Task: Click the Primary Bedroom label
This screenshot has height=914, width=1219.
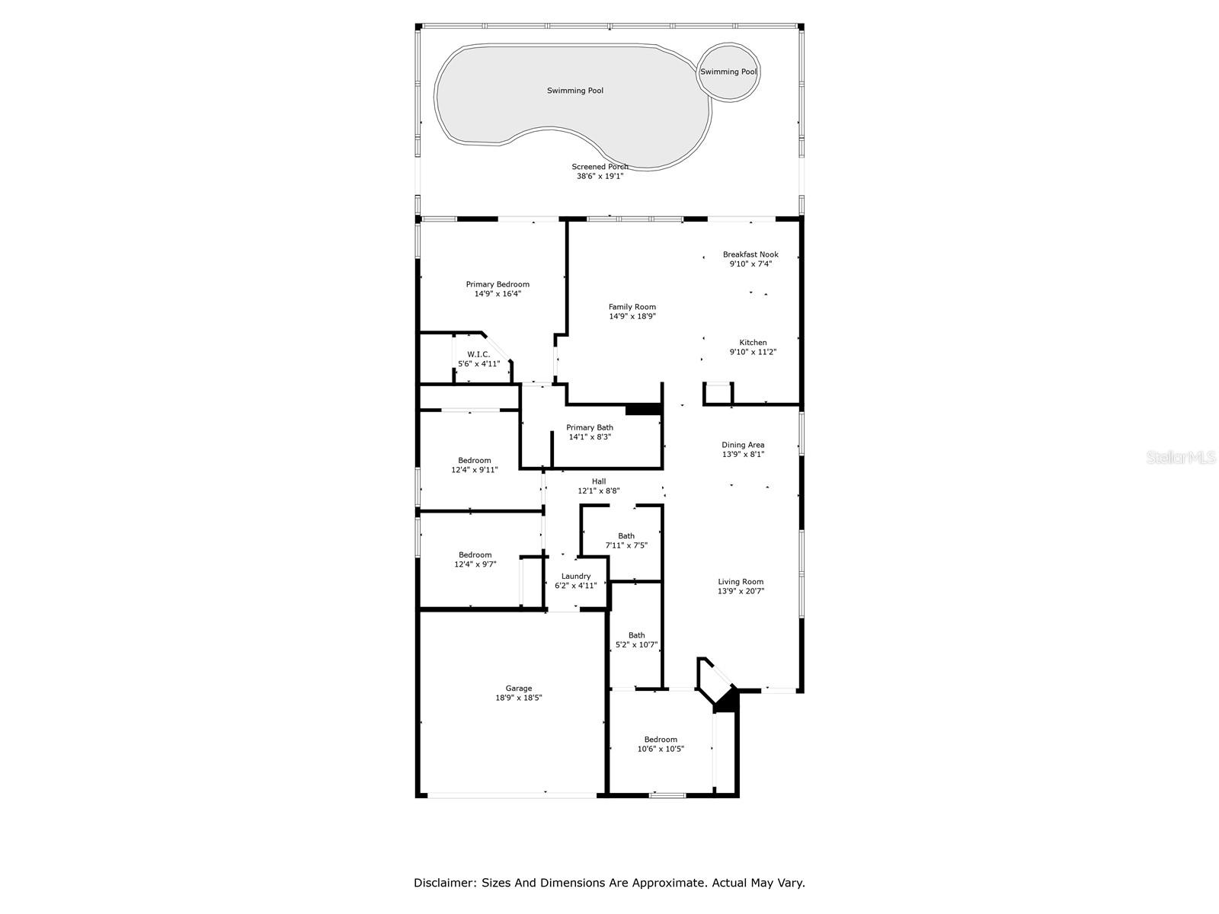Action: tap(498, 284)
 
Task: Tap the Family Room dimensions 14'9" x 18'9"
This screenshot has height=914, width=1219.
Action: tap(632, 317)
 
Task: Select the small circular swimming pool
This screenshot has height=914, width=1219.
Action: tap(729, 72)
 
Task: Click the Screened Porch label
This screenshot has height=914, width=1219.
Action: tap(600, 167)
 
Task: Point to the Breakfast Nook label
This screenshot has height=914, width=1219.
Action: tap(750, 254)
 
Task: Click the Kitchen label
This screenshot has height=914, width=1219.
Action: tap(753, 343)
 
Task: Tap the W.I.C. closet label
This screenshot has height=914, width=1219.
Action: tap(478, 354)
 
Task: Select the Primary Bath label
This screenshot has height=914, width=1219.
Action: tap(590, 427)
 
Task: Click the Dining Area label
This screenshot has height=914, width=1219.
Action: tap(743, 445)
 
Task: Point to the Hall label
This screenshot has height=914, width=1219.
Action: tap(599, 481)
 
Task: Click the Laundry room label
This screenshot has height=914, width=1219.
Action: tap(576, 577)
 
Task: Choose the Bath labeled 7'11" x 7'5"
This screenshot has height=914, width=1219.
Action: tap(626, 541)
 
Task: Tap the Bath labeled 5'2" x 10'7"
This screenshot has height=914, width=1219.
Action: tap(636, 640)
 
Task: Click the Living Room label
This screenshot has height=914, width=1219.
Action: tap(741, 582)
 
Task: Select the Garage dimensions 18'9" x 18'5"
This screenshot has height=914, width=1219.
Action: tap(519, 698)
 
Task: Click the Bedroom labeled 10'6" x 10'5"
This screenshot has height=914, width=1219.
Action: tap(661, 744)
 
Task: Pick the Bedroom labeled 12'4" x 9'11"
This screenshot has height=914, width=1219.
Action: tap(475, 465)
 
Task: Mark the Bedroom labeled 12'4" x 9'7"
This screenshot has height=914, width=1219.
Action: tap(475, 559)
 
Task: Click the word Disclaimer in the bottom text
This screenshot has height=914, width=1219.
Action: tap(443, 884)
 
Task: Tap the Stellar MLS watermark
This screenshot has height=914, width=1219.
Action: tap(1182, 458)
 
